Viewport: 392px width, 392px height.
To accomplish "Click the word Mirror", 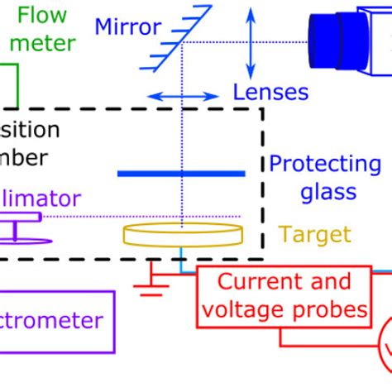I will click(x=128, y=26).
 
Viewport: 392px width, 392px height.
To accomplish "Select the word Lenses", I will click(x=270, y=92).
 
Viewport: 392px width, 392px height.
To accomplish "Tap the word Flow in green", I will click(x=44, y=15).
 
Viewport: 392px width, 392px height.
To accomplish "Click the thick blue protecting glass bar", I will click(x=181, y=174).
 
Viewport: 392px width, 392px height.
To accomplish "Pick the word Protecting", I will click(x=325, y=164).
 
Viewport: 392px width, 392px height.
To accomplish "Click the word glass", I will click(x=328, y=192).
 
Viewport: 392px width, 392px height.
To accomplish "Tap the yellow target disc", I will click(x=183, y=235).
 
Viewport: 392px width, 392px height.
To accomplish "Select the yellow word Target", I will click(x=314, y=235).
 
